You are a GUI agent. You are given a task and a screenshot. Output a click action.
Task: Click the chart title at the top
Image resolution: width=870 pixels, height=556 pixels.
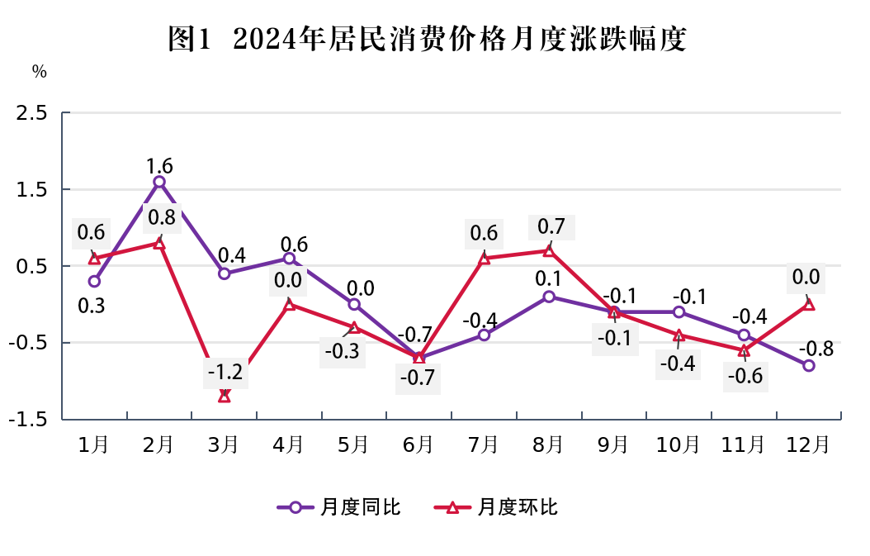(427, 38)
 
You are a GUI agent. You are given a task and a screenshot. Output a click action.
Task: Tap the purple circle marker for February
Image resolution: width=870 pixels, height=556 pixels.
(159, 182)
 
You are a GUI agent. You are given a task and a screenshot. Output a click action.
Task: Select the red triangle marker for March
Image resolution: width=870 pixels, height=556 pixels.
(225, 397)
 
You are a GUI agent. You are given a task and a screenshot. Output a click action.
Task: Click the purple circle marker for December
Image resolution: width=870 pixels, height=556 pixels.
(809, 365)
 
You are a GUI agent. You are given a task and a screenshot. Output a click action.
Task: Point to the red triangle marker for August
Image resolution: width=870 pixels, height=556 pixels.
(549, 250)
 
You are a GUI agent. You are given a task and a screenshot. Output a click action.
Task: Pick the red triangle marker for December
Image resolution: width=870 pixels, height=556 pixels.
(809, 304)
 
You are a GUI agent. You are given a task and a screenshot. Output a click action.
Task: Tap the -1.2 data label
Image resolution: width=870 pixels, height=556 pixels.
(225, 372)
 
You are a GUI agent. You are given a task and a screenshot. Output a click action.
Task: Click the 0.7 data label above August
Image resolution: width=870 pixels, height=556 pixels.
(551, 226)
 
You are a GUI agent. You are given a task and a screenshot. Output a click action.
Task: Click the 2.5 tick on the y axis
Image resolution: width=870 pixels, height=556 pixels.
(32, 113)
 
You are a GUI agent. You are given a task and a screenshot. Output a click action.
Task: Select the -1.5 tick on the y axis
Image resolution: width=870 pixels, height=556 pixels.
(29, 420)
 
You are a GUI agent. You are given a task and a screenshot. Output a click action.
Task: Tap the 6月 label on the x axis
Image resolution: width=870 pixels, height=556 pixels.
(418, 444)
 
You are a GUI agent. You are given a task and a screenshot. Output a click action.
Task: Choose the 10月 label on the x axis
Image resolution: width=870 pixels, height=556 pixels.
(678, 444)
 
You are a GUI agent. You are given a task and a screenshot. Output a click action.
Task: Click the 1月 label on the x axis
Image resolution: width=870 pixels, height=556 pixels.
(93, 444)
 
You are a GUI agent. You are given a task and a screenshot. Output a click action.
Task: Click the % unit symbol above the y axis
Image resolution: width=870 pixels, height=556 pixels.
(40, 72)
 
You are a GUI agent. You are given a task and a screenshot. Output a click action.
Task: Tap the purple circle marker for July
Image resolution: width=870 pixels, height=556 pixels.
(484, 335)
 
